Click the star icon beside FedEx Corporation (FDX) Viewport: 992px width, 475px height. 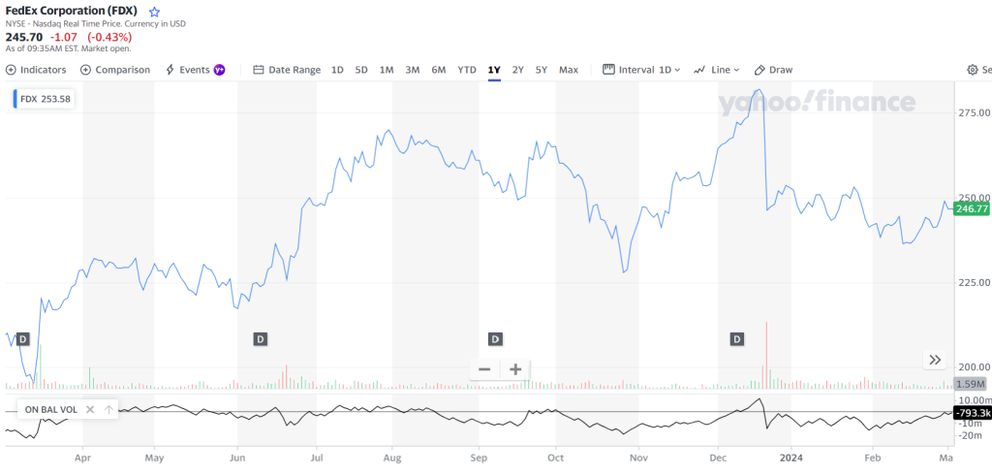point(154,13)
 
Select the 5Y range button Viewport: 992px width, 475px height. point(542,70)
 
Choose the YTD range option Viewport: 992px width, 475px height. point(467,70)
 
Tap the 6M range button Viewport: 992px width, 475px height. point(439,70)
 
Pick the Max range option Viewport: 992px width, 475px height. point(569,70)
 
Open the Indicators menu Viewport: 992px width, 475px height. point(36,70)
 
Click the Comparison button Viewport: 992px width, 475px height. point(115,70)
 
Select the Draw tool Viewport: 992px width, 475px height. point(774,70)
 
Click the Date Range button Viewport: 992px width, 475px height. point(287,70)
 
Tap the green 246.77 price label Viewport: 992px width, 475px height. point(972,208)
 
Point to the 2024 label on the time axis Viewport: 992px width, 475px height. point(791,456)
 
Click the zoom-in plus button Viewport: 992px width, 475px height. point(515,369)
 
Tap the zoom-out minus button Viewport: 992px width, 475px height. point(484,369)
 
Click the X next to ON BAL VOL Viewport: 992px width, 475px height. point(90,410)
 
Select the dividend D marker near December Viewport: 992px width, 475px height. point(737,338)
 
